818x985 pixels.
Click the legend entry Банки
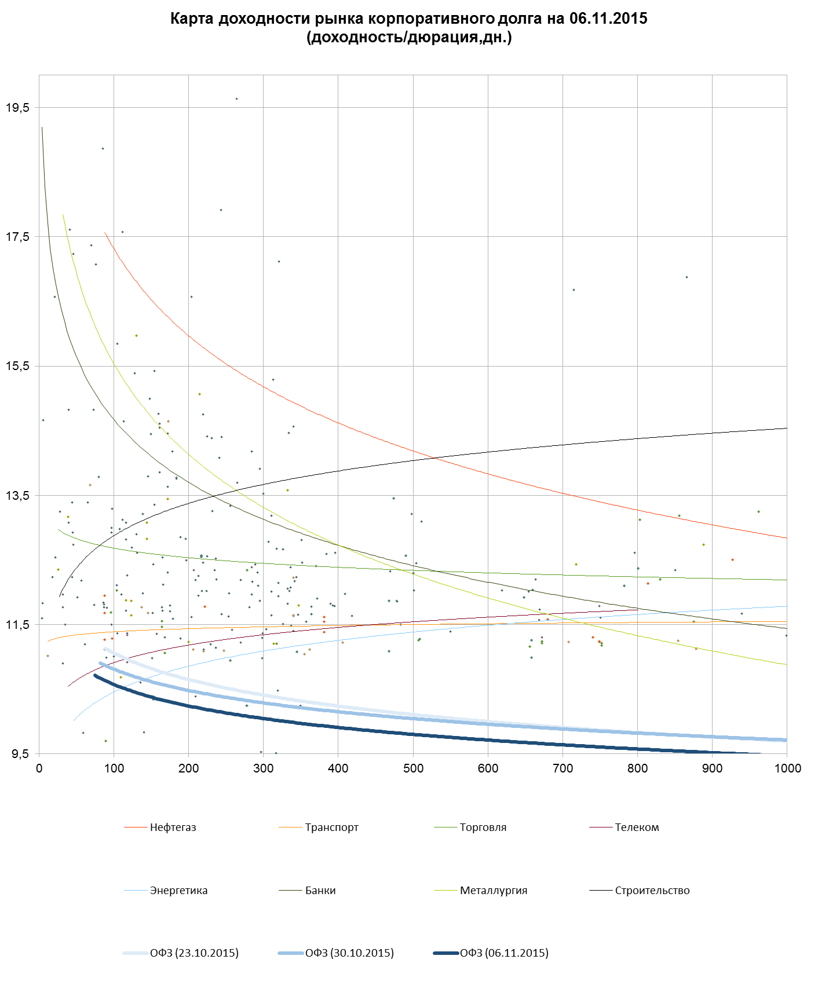pyautogui.click(x=320, y=891)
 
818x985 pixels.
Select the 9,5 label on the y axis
pyautogui.click(x=19, y=754)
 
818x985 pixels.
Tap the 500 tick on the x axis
pyautogui.click(x=413, y=768)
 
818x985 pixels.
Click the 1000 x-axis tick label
pyautogui.click(x=787, y=768)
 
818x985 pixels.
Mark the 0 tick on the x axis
pyautogui.click(x=39, y=768)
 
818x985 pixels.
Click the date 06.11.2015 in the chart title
pyautogui.click(x=608, y=19)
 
